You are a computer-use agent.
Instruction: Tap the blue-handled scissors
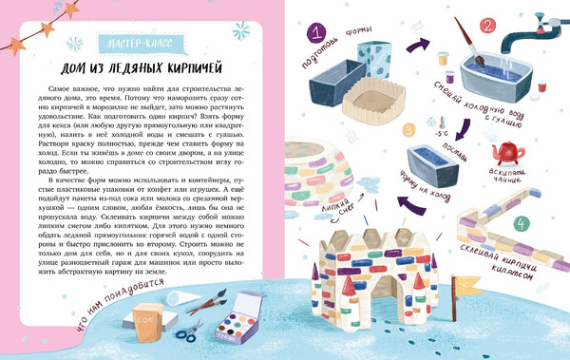(x=189, y=330)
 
